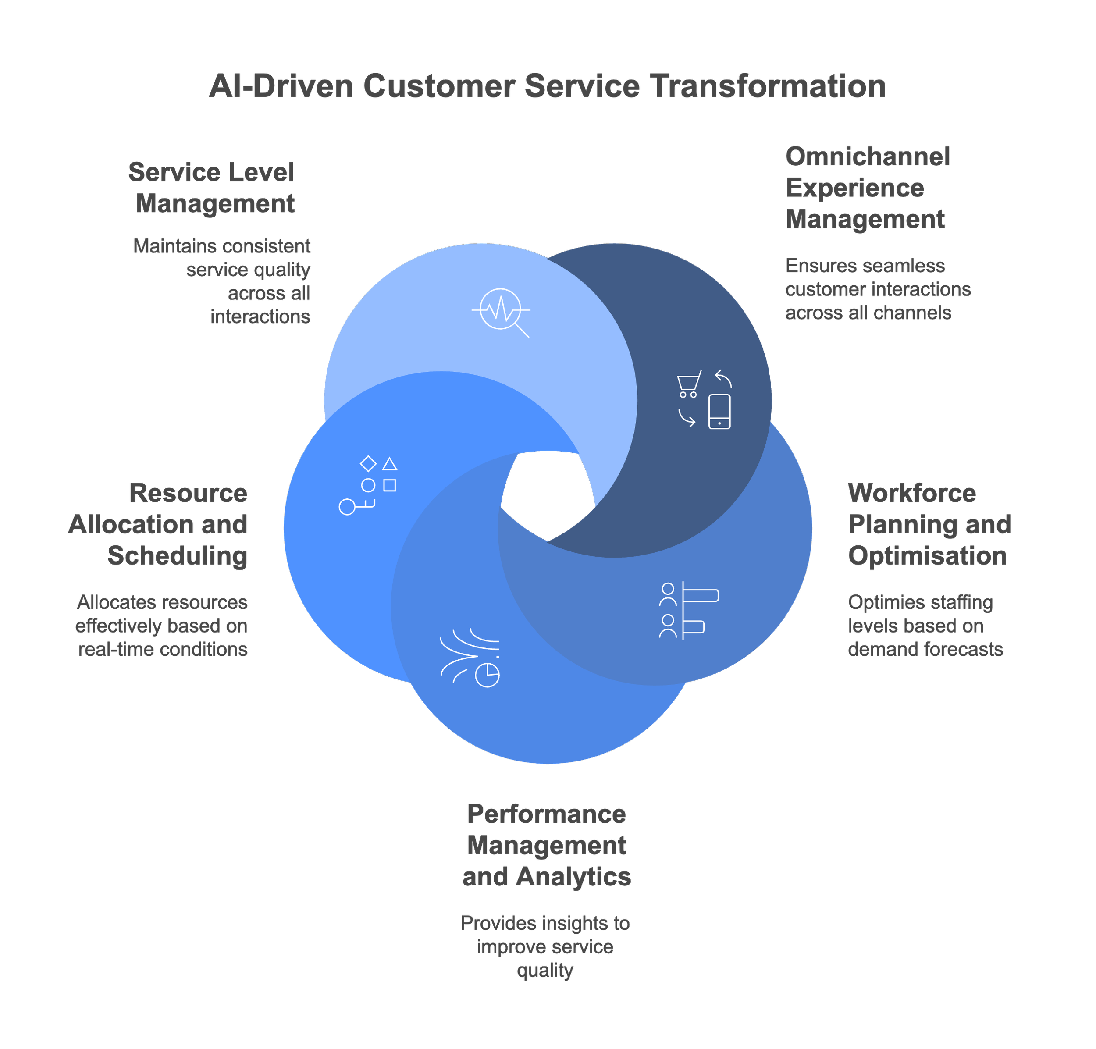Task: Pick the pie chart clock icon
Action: click(x=487, y=675)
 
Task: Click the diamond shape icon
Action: click(x=368, y=463)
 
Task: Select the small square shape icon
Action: click(x=390, y=485)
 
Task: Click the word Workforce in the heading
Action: click(x=911, y=493)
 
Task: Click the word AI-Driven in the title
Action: click(x=281, y=87)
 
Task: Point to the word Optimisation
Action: click(x=927, y=556)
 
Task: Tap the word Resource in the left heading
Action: click(x=189, y=493)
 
